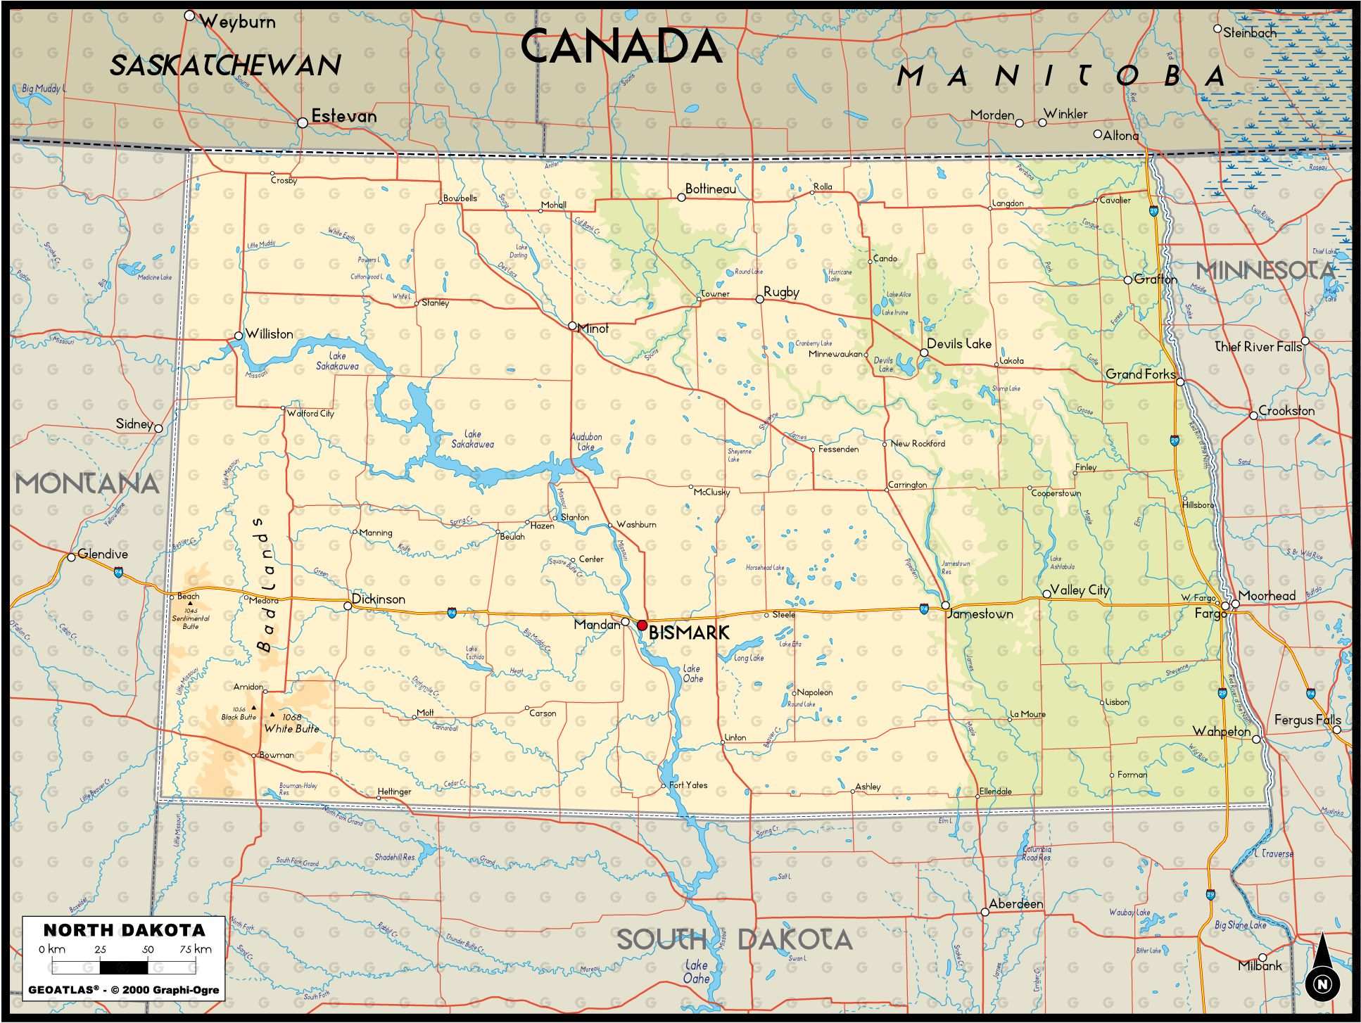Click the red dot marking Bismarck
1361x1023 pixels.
tap(642, 625)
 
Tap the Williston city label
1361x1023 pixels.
tap(270, 333)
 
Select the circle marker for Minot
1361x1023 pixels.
tap(572, 326)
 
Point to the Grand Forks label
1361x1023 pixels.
tap(1139, 374)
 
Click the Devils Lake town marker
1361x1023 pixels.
tap(924, 352)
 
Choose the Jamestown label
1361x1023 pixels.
tap(980, 614)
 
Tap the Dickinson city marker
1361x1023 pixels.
tap(348, 606)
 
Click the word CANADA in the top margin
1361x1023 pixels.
tap(621, 47)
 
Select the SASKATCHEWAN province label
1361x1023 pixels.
tap(225, 65)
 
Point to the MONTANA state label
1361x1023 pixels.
tap(87, 483)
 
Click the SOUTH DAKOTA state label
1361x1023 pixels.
tap(734, 939)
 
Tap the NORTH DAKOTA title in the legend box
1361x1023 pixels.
tap(125, 930)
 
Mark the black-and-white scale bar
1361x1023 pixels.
tap(123, 967)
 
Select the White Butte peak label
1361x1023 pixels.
tap(291, 728)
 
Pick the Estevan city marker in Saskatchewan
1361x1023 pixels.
tap(303, 122)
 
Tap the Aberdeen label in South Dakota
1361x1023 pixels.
tap(1015, 903)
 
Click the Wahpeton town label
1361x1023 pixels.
tap(1221, 731)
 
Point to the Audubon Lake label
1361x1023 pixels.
tap(585, 442)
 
